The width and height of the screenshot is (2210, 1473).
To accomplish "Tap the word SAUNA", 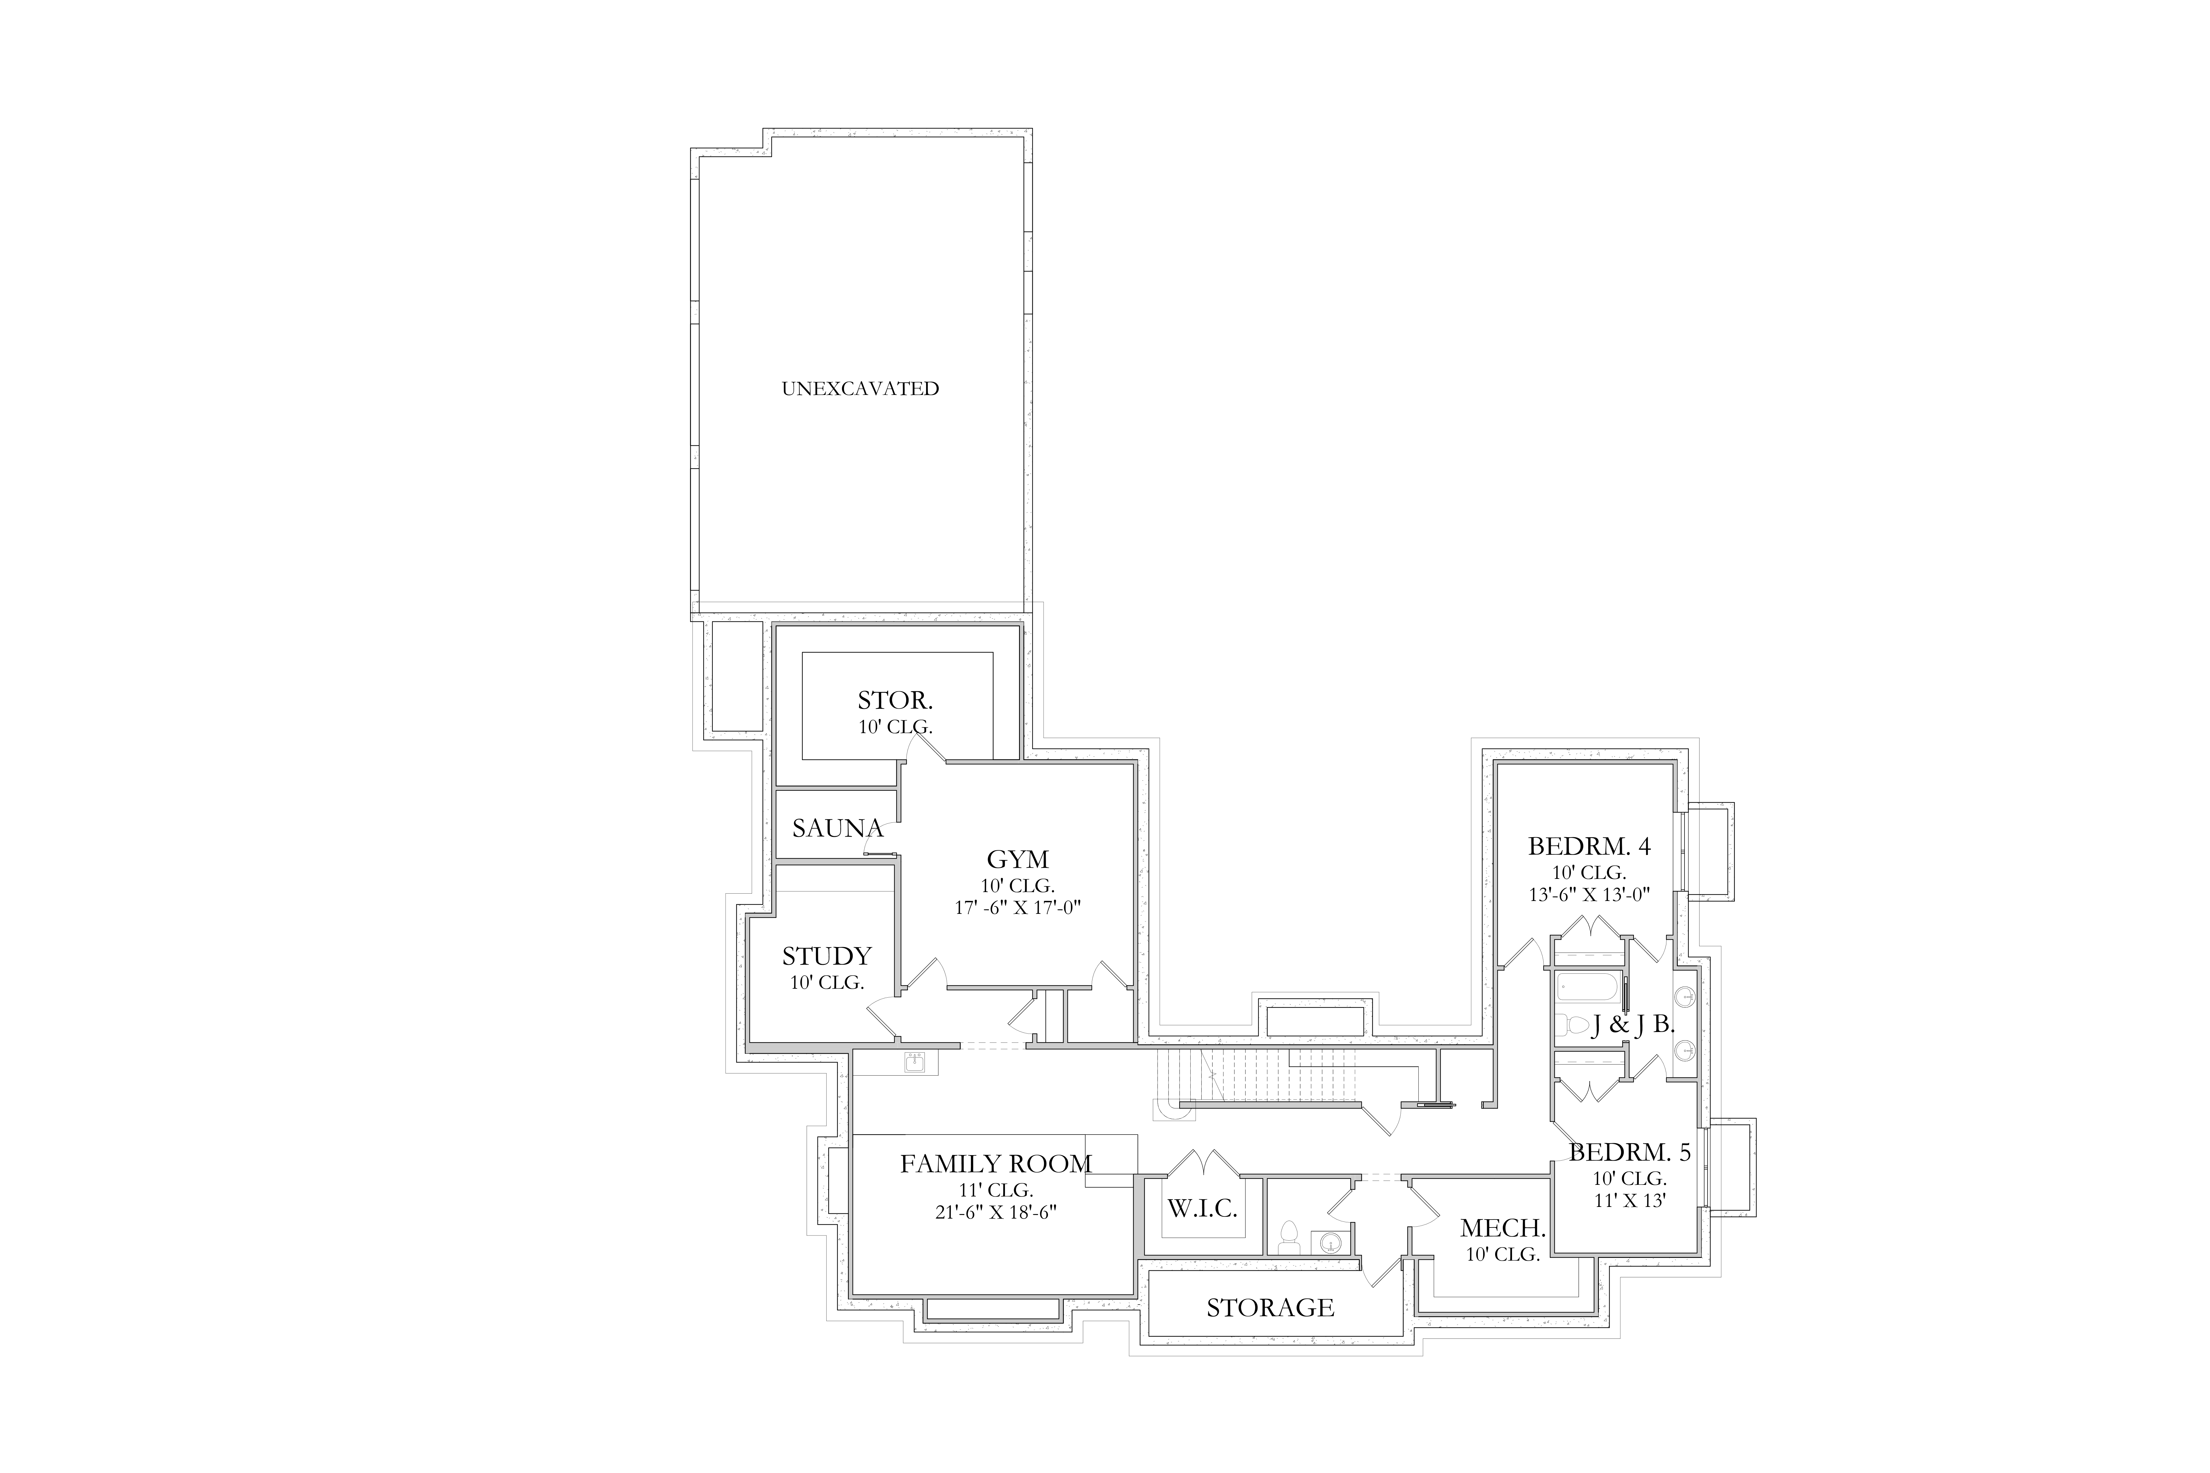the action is point(837,829).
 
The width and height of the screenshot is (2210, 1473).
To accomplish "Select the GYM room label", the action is point(1018,860).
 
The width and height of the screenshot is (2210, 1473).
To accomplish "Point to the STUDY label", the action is point(827,956).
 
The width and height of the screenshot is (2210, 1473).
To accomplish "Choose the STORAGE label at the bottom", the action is point(1270,1308).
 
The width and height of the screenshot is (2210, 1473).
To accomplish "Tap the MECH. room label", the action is point(1502,1228).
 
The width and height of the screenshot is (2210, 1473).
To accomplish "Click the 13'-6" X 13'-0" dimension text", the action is point(1589,895).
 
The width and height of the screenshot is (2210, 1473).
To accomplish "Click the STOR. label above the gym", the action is point(894,701).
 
